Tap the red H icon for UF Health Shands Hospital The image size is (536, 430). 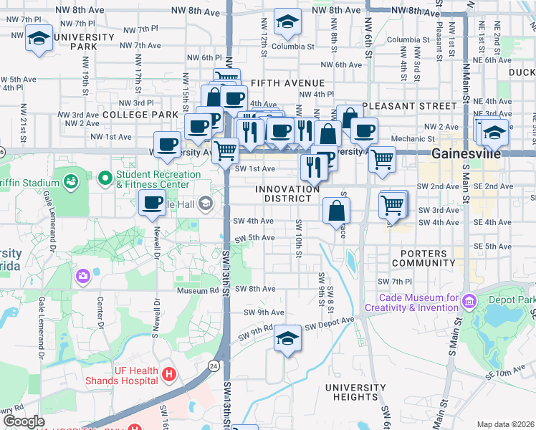coord(168,373)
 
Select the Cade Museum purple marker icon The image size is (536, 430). coord(469,300)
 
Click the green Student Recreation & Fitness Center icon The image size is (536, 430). coord(105,176)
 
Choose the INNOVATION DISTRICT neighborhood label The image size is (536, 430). coord(287,193)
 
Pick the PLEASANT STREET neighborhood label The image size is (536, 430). coord(408,105)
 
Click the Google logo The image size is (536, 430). coord(24,421)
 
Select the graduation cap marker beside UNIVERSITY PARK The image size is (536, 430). coord(38,39)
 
